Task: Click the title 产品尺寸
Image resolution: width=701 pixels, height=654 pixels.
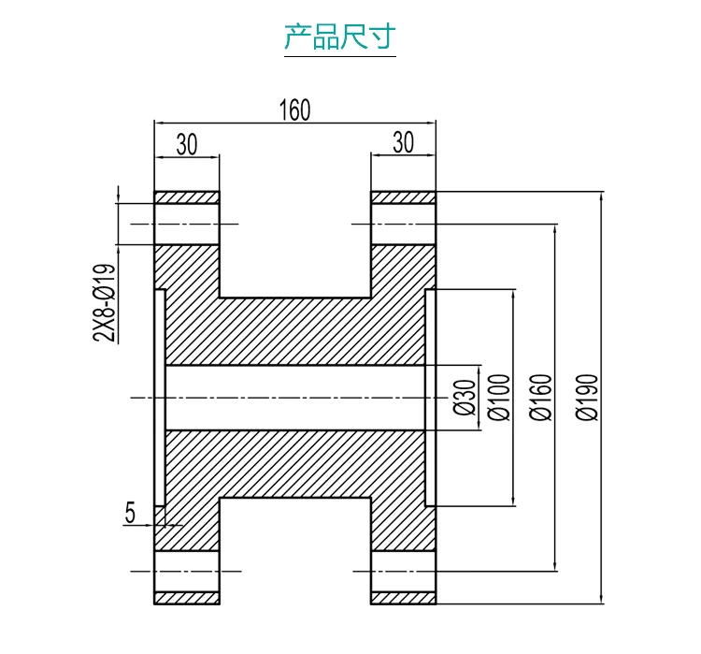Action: point(340,36)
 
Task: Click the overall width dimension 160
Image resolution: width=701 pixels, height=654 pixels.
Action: point(294,110)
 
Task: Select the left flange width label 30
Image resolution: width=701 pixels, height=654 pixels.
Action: point(187,144)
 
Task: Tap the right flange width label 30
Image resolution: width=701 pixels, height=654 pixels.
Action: point(403,142)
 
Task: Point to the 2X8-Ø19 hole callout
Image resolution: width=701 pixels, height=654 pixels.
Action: point(105,303)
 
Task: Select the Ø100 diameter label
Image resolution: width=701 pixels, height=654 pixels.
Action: point(499,398)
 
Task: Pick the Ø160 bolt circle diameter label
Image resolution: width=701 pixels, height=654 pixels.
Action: point(541,398)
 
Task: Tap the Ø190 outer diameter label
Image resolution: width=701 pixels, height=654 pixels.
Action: point(587,398)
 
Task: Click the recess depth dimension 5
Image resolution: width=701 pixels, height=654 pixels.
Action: point(130,513)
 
